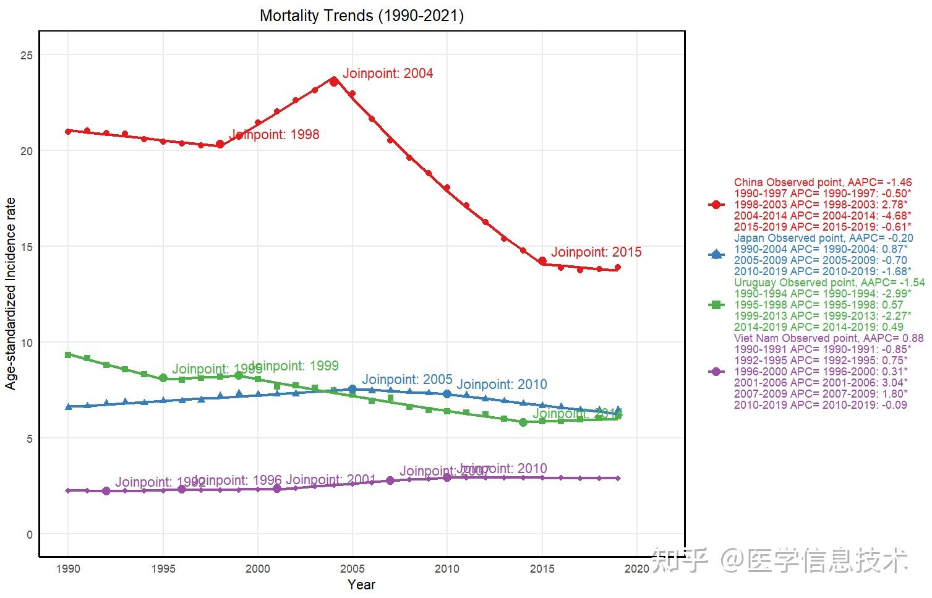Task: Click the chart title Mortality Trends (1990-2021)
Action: pos(361,15)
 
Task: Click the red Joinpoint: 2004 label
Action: pos(388,74)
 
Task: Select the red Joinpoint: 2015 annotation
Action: pos(596,252)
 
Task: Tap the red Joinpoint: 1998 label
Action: pos(274,135)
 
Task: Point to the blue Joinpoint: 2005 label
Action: pos(407,380)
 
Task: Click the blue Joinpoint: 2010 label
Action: pos(502,385)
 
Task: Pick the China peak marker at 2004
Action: pos(334,81)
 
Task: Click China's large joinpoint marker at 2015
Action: pos(542,261)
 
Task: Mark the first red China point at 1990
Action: pos(68,131)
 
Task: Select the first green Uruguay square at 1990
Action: pos(68,355)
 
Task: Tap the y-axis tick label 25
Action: pos(26,55)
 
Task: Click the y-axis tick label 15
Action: pos(26,247)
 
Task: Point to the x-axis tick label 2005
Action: pos(353,569)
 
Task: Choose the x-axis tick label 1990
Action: pos(68,569)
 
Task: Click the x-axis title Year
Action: pos(361,585)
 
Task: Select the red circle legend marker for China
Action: pos(716,205)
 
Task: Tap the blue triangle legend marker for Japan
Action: pos(716,254)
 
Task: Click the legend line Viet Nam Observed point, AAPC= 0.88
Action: pos(828,338)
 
